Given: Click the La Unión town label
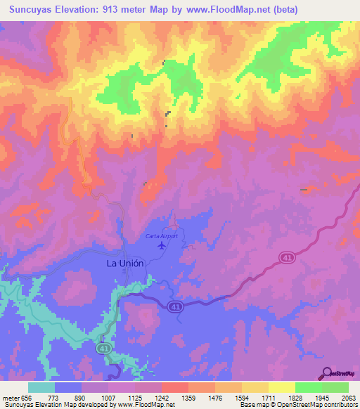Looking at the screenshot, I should [124, 263].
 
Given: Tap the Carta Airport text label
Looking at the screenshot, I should [162, 236].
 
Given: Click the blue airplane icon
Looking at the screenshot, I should [163, 245].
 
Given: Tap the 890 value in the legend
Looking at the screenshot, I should [80, 397].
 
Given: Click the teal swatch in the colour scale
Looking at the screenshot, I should [41, 387].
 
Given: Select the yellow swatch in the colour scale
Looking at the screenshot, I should [281, 387].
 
